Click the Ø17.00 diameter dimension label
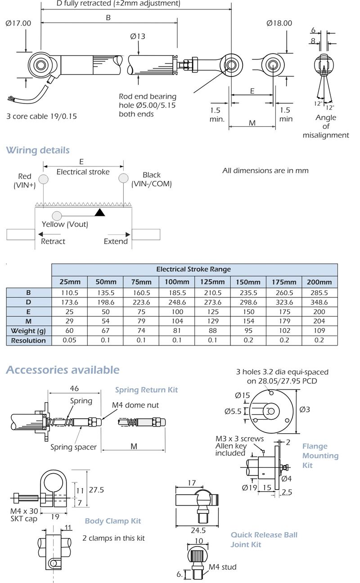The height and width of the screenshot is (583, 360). point(18,23)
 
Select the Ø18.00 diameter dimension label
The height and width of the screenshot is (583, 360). point(279,23)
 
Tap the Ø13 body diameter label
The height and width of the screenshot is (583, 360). point(138,36)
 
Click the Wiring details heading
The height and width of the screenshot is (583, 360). point(38,150)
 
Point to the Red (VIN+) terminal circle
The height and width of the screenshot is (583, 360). point(43,179)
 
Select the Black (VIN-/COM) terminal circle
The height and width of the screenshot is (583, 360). point(123,179)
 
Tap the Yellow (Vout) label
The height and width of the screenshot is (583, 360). point(65,224)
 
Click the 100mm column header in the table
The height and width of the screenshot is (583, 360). point(177,282)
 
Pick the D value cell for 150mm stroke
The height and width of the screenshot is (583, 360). point(248,302)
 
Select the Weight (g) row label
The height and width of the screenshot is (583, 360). point(29,331)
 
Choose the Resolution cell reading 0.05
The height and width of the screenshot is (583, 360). point(70,341)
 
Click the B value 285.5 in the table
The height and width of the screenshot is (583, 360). point(319,292)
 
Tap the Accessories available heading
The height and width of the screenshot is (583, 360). point(63,370)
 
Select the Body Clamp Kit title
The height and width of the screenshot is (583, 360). point(113,521)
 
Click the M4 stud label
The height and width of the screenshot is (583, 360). point(222,567)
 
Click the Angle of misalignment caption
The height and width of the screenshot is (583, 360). point(326,126)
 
